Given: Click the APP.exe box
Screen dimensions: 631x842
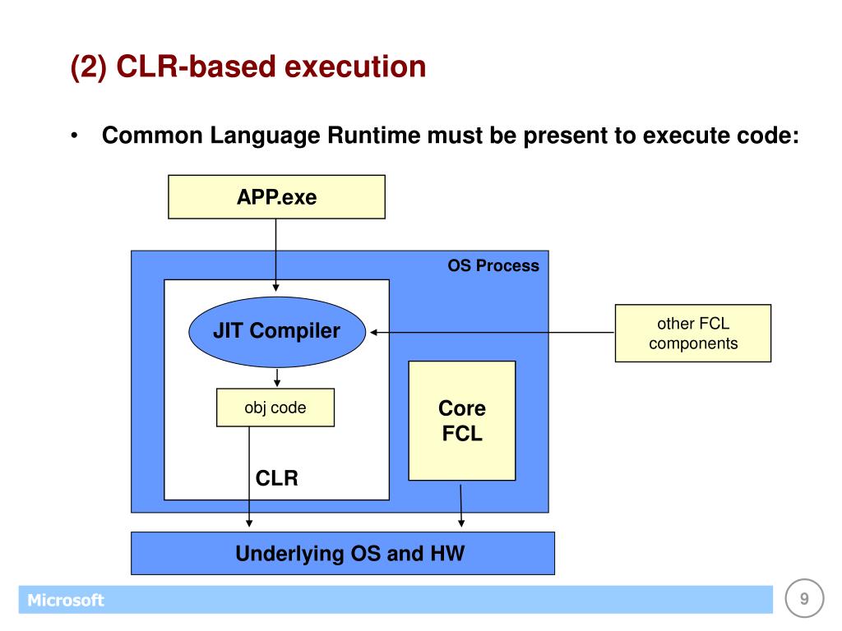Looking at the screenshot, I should click(276, 197).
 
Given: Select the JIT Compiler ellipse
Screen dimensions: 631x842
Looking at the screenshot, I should click(276, 331).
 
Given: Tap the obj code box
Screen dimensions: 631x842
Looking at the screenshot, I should click(275, 408).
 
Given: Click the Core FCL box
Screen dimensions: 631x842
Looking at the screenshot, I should click(462, 421).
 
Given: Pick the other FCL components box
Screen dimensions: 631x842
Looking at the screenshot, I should click(693, 334).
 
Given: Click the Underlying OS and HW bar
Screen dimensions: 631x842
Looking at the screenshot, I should click(343, 553).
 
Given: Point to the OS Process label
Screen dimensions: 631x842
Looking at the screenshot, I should click(493, 265).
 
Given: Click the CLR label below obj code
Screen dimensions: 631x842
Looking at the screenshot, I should click(277, 478).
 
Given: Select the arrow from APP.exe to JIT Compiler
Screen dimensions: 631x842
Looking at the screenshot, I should click(276, 255).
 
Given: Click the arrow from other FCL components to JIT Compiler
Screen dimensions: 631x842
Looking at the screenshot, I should click(493, 333).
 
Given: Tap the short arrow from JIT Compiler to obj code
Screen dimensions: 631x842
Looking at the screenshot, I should click(277, 378).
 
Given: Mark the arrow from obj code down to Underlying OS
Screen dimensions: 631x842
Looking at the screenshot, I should click(250, 477).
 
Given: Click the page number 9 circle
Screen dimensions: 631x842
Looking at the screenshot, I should click(804, 599).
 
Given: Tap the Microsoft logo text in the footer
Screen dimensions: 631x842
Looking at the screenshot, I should click(66, 601).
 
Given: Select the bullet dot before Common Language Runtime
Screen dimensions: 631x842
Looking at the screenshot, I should click(75, 136).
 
